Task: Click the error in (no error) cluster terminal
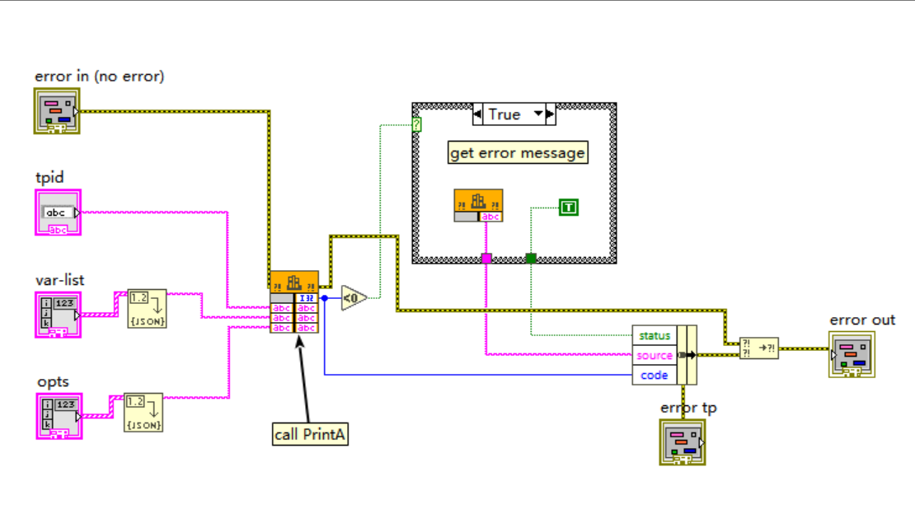(58, 111)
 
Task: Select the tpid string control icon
(58, 212)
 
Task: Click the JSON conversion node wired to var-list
(147, 308)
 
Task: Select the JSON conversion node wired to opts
(143, 413)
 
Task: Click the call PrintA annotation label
(310, 434)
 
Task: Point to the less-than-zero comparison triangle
(353, 297)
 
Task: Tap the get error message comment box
(518, 153)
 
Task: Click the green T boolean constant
(568, 208)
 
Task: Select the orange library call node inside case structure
(478, 205)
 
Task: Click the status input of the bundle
(655, 335)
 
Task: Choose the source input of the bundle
(655, 355)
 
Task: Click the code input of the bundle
(655, 375)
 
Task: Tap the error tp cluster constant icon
(682, 441)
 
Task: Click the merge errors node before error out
(758, 348)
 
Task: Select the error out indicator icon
(852, 355)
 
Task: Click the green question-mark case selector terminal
(417, 125)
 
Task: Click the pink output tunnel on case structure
(486, 259)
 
